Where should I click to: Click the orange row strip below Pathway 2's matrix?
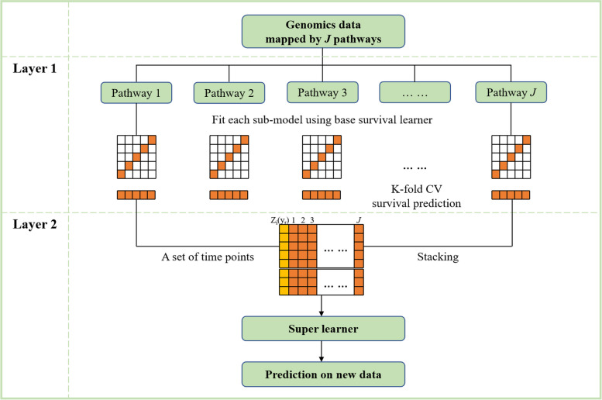229,195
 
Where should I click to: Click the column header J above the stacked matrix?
358,219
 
